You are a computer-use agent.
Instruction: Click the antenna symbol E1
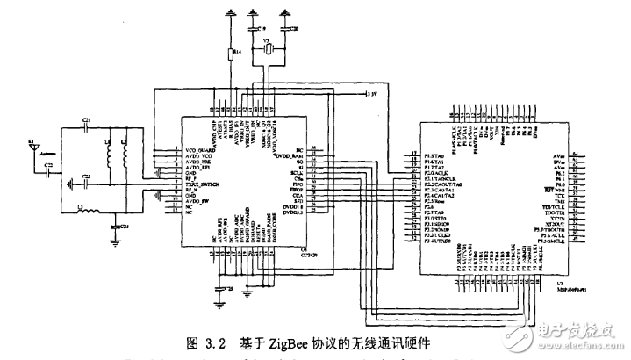click(32, 144)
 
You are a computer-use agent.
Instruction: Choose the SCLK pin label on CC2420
click(298, 173)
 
